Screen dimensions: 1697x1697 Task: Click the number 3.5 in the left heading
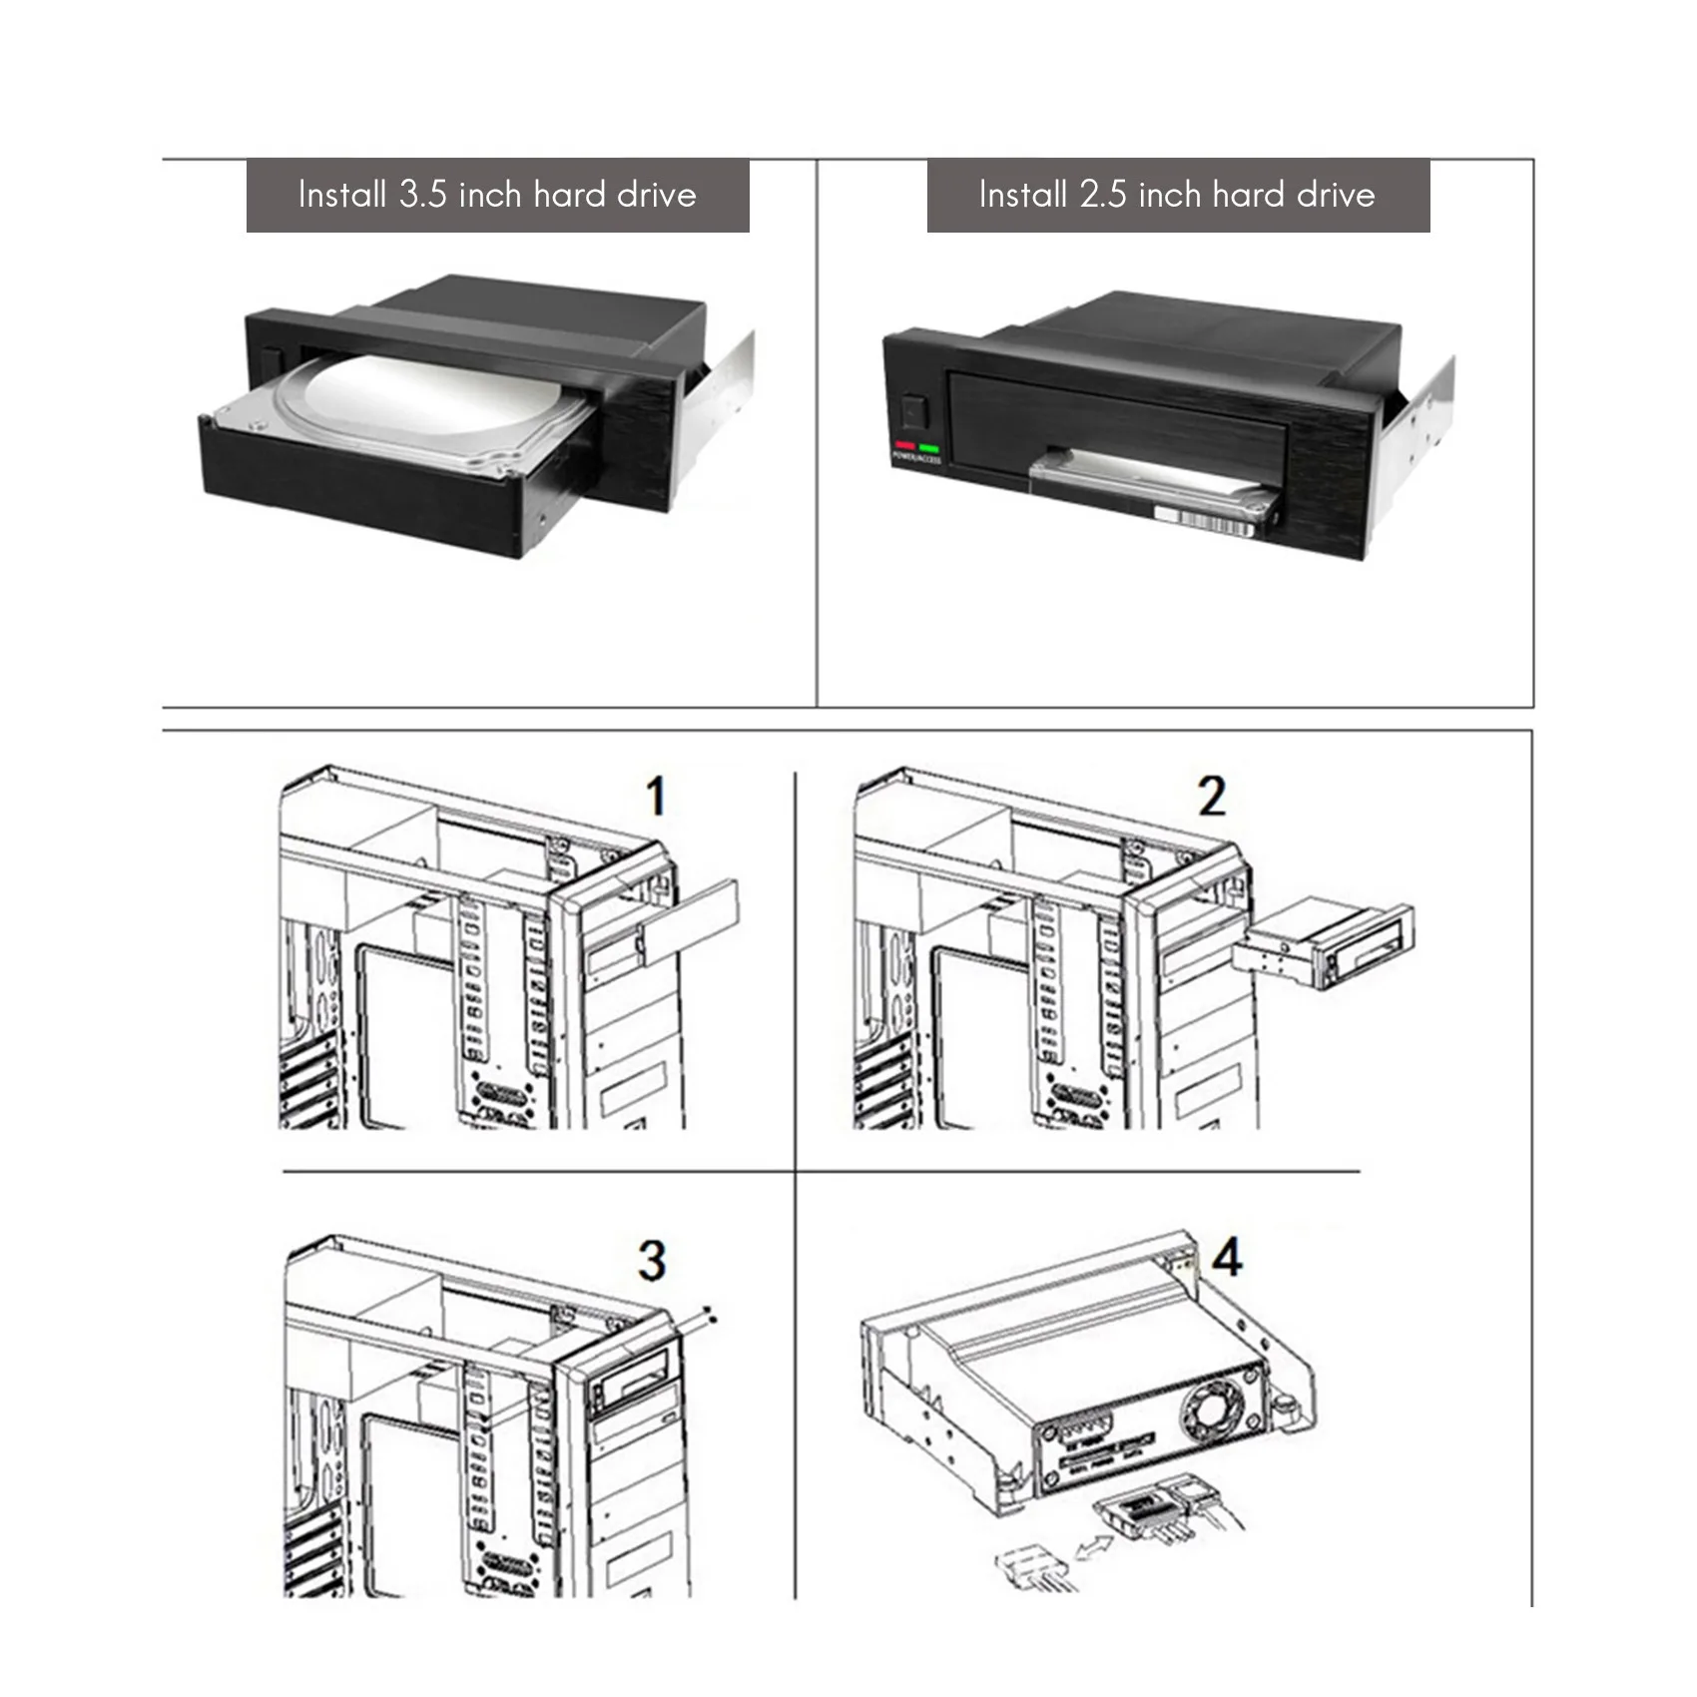(x=422, y=195)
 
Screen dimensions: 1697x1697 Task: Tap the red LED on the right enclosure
(x=905, y=446)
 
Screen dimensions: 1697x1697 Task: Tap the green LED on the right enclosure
(x=929, y=447)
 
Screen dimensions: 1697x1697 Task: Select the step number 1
(x=655, y=797)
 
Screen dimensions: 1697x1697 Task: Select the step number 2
(x=1211, y=797)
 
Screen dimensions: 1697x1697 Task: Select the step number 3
(x=652, y=1261)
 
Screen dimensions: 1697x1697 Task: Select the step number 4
(x=1227, y=1257)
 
